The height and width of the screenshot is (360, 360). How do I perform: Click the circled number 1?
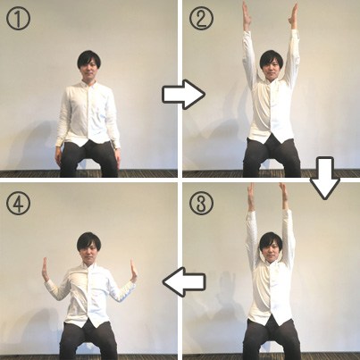(18, 18)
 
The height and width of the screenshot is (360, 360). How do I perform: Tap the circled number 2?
(201, 18)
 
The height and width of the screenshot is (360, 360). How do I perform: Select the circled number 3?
(201, 203)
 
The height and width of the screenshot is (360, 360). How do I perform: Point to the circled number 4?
(18, 203)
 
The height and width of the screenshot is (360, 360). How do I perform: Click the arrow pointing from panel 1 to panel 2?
(184, 94)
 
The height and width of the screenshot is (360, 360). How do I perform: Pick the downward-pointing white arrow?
(324, 178)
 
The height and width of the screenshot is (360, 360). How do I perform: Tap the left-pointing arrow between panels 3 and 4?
(184, 281)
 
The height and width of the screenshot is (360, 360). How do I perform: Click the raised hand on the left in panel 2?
(247, 15)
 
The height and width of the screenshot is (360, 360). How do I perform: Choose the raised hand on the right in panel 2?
(294, 16)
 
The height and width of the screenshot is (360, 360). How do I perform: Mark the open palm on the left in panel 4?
(46, 270)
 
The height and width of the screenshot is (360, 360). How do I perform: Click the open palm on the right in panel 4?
(133, 271)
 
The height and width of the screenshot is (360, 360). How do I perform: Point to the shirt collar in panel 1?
(88, 85)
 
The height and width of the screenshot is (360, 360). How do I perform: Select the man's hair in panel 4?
(88, 242)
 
